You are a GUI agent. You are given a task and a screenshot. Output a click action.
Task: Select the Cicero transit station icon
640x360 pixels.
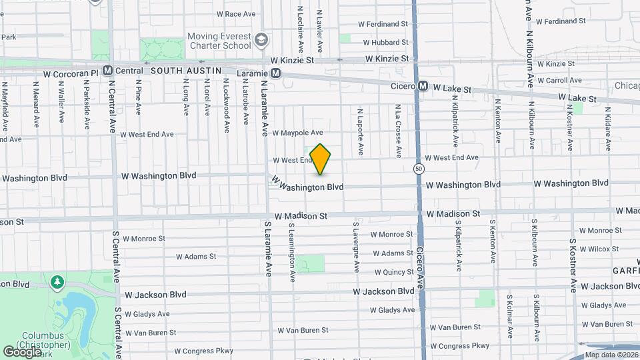[x=423, y=86]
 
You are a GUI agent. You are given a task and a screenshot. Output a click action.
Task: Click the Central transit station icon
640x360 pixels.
[x=107, y=70]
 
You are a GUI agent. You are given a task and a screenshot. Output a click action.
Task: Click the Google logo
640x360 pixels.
[x=23, y=351]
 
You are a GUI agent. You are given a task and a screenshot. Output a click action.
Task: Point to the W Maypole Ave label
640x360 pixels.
[x=297, y=133]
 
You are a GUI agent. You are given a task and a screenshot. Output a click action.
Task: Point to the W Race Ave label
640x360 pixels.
[x=235, y=13]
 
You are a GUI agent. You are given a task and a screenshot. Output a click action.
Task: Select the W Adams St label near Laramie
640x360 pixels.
[x=196, y=256]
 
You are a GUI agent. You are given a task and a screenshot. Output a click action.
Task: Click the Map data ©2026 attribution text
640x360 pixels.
[x=610, y=355]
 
